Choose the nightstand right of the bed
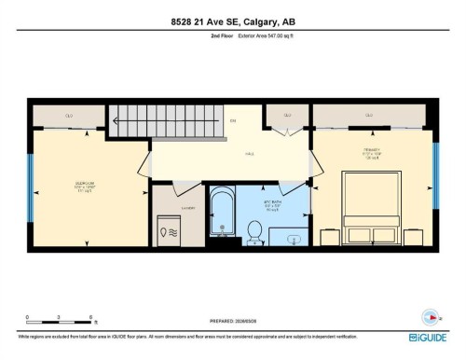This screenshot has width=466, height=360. pos(414,237)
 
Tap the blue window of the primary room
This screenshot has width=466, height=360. pos(433,170)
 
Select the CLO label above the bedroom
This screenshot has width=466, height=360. pos(69,116)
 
